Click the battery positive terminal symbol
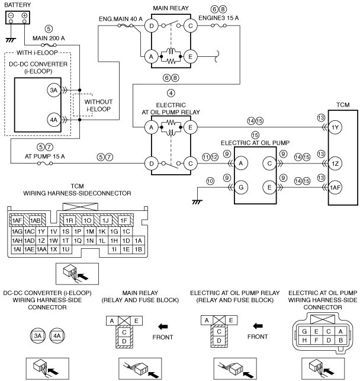[x=24, y=15]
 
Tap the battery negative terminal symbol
[x=11, y=15]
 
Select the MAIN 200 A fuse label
[x=49, y=38]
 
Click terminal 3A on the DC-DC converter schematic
[x=54, y=91]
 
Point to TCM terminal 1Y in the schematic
[x=335, y=127]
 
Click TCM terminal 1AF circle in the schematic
[x=335, y=188]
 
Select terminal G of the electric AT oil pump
[x=241, y=187]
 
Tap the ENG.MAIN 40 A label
[x=121, y=19]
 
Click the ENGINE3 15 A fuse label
[x=218, y=18]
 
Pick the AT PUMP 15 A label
[x=45, y=156]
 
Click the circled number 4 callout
[x=171, y=93]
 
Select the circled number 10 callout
[x=210, y=181]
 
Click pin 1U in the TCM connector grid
[x=66, y=249]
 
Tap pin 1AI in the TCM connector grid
[x=17, y=249]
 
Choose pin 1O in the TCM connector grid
[x=88, y=220]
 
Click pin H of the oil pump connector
[x=304, y=340]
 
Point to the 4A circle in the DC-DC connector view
[x=57, y=336]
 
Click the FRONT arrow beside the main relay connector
[x=163, y=326]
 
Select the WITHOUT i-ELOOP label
[x=98, y=105]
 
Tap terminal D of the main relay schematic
[x=151, y=25]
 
